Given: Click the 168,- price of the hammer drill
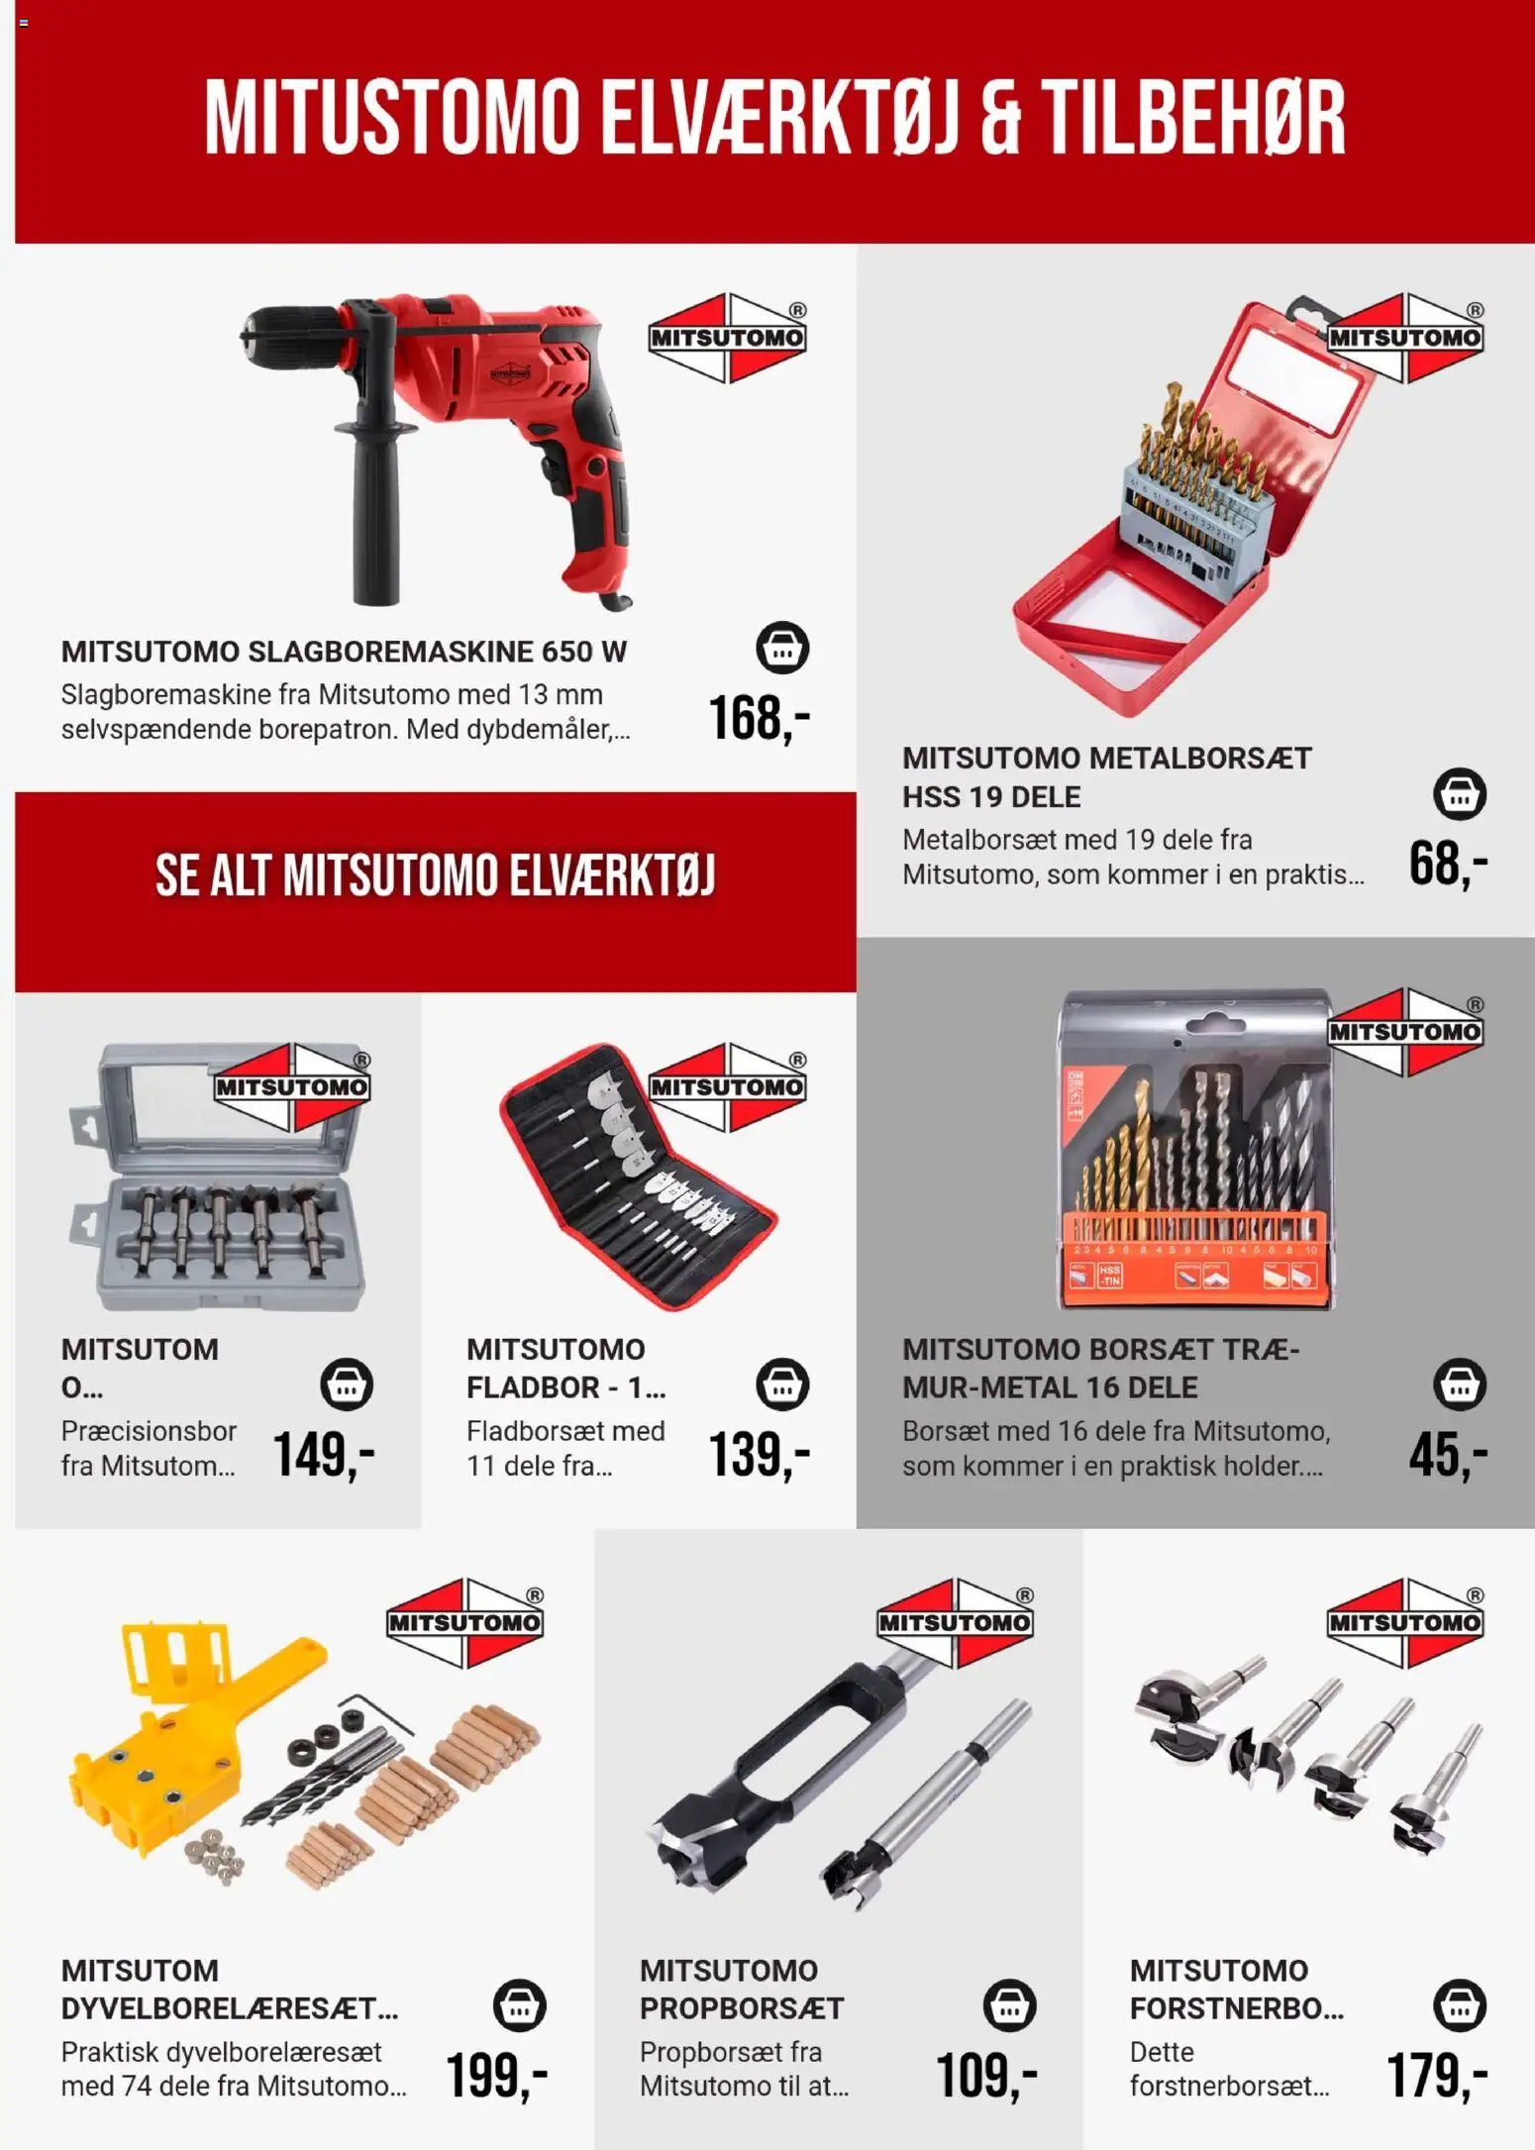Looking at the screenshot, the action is click(x=760, y=719).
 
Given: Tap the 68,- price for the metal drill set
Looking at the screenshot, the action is click(x=1449, y=864).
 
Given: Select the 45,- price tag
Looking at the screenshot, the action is click(x=1449, y=1455).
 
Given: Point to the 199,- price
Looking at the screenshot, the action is click(x=497, y=2075).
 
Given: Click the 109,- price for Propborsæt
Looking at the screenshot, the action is click(x=986, y=2075).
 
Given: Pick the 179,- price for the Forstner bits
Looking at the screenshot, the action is click(x=1438, y=2075).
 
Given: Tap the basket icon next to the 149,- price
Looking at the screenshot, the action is click(x=347, y=1383).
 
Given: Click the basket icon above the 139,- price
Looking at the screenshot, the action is click(x=782, y=1383).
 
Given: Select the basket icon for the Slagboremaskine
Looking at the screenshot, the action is click(x=782, y=648).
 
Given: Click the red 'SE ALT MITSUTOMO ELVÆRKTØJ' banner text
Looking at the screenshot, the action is click(x=436, y=875).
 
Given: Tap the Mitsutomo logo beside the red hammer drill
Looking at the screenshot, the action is click(x=728, y=338).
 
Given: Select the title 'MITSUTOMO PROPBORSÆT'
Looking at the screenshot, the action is click(x=742, y=1990).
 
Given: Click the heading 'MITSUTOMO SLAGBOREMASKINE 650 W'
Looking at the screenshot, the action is click(x=344, y=652).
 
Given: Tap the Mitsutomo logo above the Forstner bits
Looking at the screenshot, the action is click(x=1406, y=1622).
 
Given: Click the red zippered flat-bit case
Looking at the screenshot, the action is click(x=639, y=1178).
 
